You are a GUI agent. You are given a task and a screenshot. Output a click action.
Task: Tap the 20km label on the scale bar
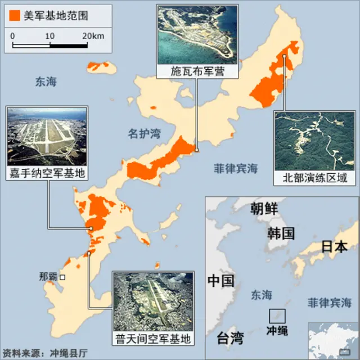[93, 36]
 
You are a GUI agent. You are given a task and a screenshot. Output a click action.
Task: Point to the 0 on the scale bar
[12, 36]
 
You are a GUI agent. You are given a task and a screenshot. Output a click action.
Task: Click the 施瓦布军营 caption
[197, 71]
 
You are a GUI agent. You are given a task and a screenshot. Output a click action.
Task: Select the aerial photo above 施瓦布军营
[197, 35]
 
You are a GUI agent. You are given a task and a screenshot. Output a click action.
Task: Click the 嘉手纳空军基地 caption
[47, 173]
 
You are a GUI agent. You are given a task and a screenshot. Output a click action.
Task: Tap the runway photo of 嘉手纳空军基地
[47, 136]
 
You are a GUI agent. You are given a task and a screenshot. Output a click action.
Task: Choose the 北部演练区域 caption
[314, 178]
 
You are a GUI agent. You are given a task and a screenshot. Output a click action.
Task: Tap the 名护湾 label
[143, 134]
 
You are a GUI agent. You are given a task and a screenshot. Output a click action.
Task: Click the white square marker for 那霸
[63, 277]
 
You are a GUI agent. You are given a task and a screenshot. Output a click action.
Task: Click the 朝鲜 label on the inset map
[264, 209]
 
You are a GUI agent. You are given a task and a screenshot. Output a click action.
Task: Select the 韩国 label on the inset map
[281, 233]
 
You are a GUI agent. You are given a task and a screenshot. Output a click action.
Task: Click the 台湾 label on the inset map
[231, 338]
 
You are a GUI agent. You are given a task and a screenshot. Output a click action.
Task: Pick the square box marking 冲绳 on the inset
[277, 316]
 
